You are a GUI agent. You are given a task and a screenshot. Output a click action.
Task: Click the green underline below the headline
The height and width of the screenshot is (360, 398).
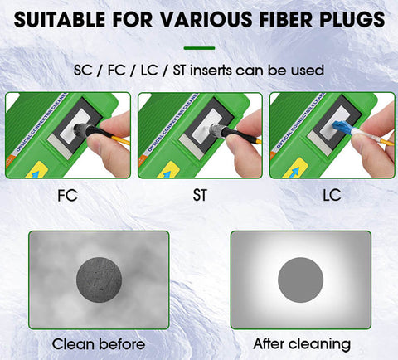(199, 47)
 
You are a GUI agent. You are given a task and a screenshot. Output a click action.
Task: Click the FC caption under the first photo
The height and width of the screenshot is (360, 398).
(67, 197)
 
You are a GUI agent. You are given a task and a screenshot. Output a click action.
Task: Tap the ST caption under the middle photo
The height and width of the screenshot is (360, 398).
(199, 197)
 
